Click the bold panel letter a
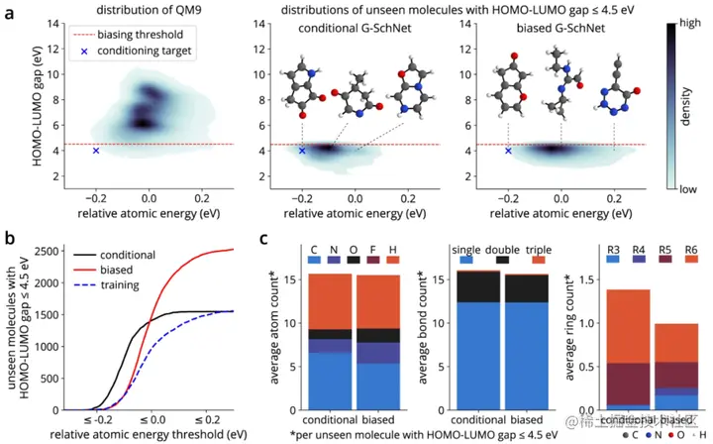pyautogui.click(x=11, y=14)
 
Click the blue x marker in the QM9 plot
pyautogui.click(x=96, y=151)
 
